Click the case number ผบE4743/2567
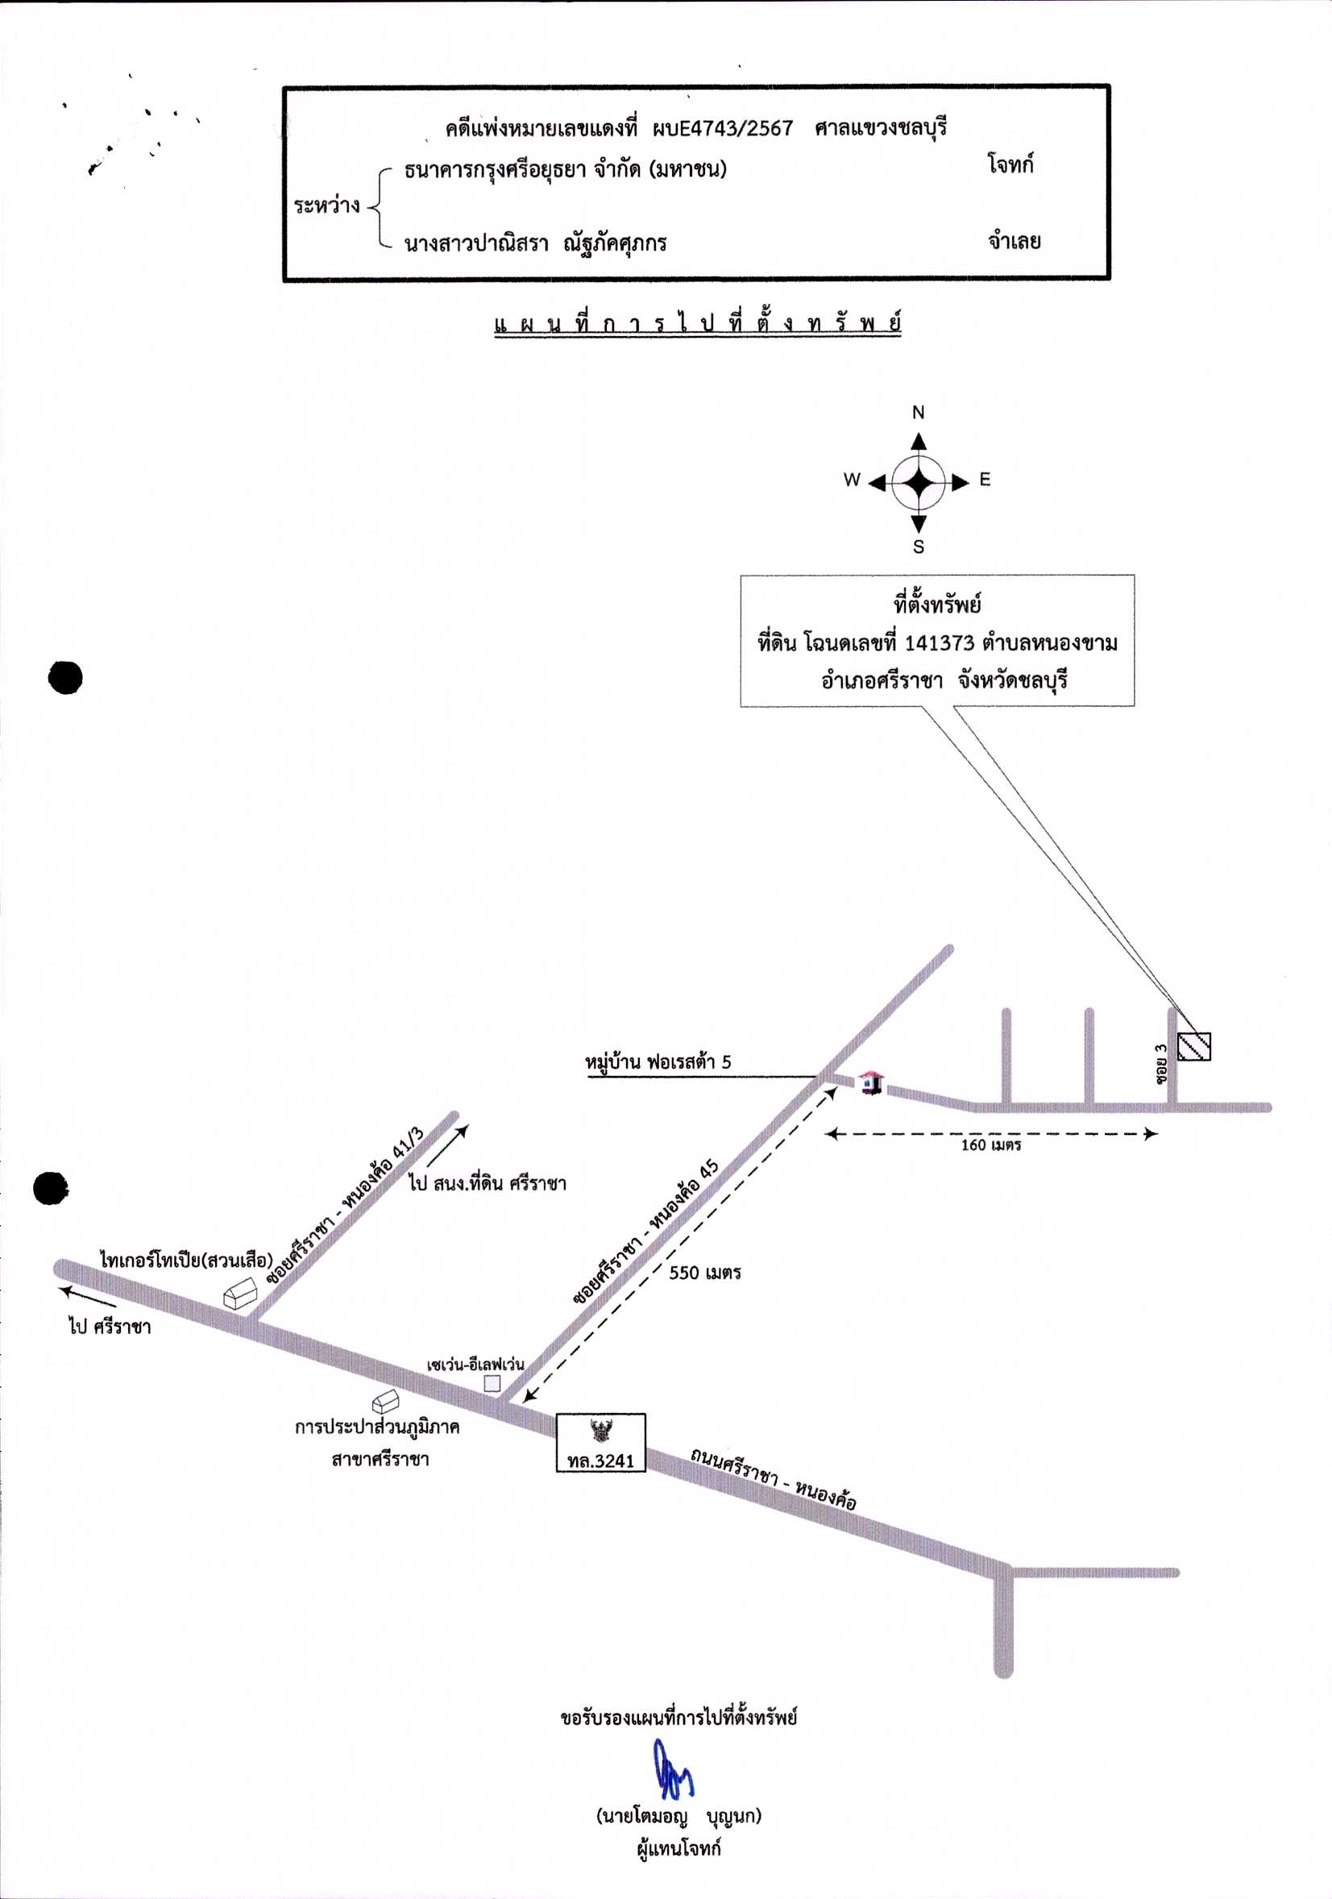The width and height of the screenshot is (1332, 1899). pyautogui.click(x=722, y=129)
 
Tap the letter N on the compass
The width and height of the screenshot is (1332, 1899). pyautogui.click(x=918, y=412)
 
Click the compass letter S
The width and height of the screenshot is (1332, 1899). pyautogui.click(x=919, y=546)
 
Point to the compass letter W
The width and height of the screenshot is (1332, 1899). pyautogui.click(x=852, y=480)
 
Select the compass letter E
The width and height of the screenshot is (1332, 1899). pyautogui.click(x=985, y=480)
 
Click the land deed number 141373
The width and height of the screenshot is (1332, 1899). pyautogui.click(x=940, y=642)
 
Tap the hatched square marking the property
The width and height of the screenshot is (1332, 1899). pyautogui.click(x=1194, y=1046)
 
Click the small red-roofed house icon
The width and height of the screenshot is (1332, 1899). pyautogui.click(x=869, y=1082)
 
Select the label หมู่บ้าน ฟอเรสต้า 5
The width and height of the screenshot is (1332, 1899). pyautogui.click(x=658, y=1062)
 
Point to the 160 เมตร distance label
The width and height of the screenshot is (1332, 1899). pyautogui.click(x=990, y=1145)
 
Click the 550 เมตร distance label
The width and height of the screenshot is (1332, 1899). pyautogui.click(x=704, y=1273)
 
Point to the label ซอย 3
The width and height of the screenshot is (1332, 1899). pyautogui.click(x=1162, y=1066)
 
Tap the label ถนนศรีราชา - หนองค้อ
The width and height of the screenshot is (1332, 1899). pyautogui.click(x=773, y=1480)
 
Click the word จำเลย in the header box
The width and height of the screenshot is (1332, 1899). pyautogui.click(x=1014, y=242)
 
